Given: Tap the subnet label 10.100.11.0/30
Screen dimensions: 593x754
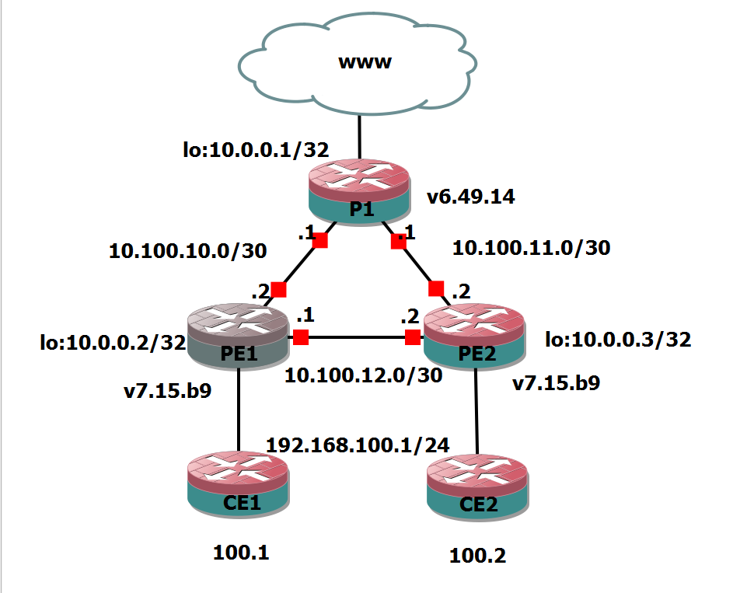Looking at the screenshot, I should [x=531, y=248].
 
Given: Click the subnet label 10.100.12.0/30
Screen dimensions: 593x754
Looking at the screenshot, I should [x=363, y=375].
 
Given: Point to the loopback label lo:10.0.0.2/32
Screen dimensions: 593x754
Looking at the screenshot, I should [x=113, y=342].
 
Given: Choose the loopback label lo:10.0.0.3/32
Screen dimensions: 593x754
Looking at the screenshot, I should [x=618, y=340].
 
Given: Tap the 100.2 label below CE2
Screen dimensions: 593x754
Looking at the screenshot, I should [x=477, y=556].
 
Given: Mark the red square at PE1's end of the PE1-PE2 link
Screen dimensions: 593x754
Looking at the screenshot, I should [x=301, y=337].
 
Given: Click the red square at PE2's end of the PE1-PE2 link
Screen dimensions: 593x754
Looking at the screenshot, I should [x=413, y=337].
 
